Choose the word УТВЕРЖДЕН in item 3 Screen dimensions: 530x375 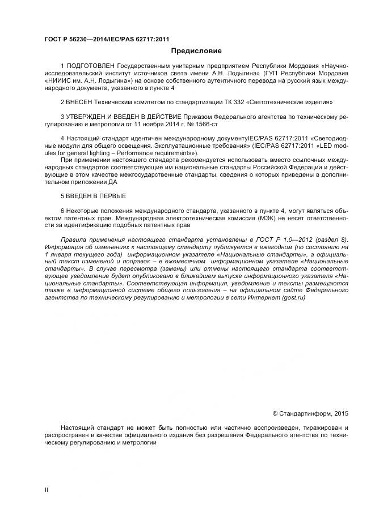(x=91, y=117)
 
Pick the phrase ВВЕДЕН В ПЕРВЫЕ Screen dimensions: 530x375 (x=96, y=196)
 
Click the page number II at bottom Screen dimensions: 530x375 (x=47, y=489)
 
